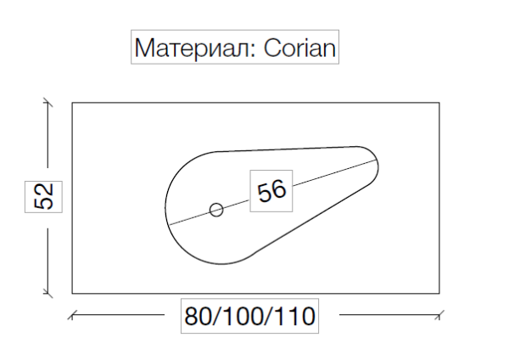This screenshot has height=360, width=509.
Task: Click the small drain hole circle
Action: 216,209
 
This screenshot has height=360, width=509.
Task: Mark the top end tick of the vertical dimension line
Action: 48,103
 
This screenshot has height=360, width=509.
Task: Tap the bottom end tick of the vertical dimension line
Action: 48,294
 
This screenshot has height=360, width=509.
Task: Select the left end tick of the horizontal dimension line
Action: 72,316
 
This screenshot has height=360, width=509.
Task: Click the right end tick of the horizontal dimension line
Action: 439,316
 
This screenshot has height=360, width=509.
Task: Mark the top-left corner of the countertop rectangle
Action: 72,103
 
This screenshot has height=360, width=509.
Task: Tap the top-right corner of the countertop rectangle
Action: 439,103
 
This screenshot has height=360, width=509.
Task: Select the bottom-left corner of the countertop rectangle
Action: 72,294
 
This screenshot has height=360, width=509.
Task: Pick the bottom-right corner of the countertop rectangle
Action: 439,294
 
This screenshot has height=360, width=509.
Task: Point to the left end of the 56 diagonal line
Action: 169,222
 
